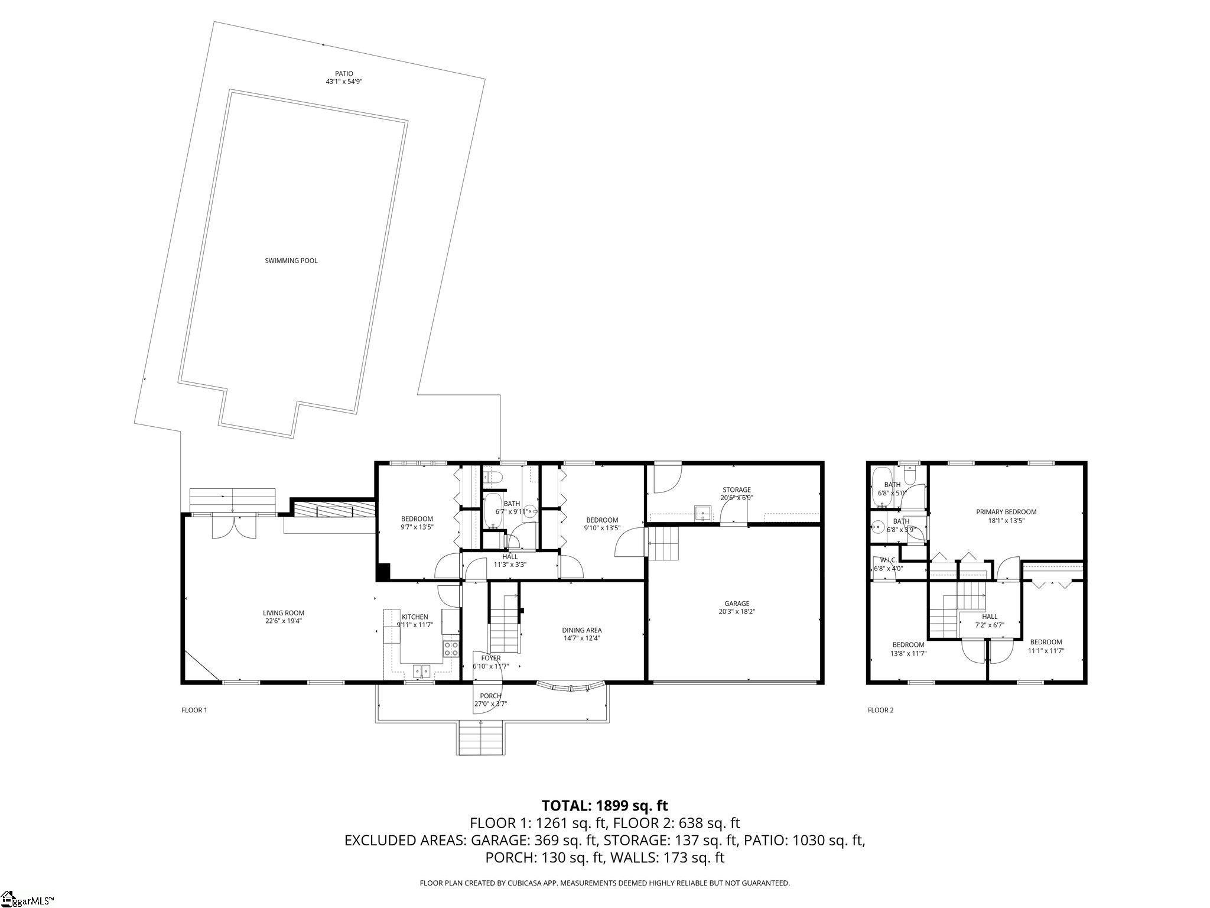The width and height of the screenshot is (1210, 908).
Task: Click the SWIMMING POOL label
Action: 291,261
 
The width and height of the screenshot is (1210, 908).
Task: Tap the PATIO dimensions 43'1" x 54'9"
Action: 343,82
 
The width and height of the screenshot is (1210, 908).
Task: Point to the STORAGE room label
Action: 736,489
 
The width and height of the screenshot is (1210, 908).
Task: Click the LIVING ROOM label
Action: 284,613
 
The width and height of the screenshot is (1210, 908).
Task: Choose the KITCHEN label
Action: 415,617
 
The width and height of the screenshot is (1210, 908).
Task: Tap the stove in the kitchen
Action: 451,648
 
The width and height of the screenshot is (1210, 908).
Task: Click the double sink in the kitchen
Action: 422,670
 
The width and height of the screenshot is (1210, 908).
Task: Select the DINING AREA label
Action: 582,630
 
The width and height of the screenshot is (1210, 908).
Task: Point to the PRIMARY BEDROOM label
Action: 1006,512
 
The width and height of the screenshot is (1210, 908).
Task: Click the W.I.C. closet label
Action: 888,560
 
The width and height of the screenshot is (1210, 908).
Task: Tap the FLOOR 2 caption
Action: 880,710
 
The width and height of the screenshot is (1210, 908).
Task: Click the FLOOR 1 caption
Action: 194,710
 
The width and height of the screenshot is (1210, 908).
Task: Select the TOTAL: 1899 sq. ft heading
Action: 604,805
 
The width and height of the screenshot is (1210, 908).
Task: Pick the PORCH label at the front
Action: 490,696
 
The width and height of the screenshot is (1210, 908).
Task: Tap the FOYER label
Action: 490,658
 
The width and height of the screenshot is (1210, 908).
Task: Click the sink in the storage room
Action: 702,511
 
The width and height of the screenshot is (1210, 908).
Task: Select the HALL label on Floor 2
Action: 989,617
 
